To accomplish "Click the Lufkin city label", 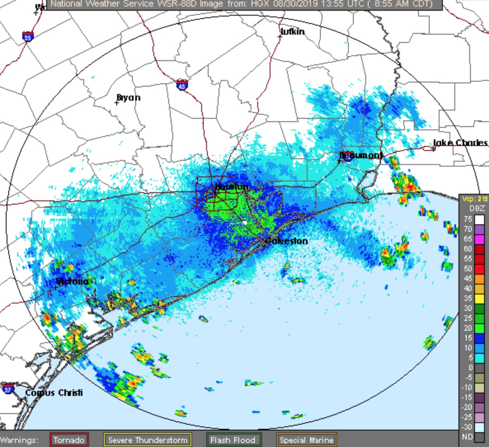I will point(293,32).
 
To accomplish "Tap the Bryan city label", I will point(129,98).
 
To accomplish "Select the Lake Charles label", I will point(461,143).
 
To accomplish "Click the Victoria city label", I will point(72,282).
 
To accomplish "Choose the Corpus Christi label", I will point(54,393).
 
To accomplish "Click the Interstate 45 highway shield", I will point(182,85).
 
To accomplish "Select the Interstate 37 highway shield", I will point(8,388).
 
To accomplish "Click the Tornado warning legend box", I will point(69,440).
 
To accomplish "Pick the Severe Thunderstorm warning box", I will point(148,440).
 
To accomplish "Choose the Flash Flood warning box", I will point(233,440).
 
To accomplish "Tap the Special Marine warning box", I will point(306,440).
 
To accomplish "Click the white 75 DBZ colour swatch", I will point(479,219).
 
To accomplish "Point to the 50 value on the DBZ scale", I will point(468,269).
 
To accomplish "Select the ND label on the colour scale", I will point(467,437).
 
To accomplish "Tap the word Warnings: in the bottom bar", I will point(19,440).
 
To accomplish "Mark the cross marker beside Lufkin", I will point(280,37).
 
